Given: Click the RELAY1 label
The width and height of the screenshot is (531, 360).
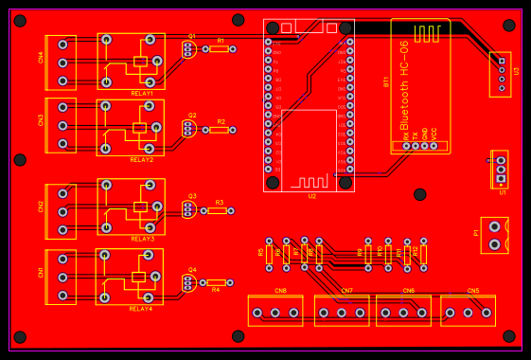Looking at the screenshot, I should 142,94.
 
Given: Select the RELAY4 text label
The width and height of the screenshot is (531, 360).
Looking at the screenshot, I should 141,309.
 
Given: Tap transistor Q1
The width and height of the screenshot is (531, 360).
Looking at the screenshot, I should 189,48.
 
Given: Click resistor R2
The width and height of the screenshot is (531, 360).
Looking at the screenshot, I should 220,130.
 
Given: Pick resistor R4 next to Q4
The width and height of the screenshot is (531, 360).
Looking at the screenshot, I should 217,282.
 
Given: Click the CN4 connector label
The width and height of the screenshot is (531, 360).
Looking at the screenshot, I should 41,57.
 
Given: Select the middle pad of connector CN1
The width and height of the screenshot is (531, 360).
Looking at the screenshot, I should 62,277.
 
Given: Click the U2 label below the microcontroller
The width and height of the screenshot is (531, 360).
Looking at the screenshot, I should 312,196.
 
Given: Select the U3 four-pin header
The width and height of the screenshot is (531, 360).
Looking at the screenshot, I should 500,74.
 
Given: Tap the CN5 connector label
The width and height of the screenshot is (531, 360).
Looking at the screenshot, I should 473,291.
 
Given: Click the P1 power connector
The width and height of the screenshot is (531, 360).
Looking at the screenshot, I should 494,235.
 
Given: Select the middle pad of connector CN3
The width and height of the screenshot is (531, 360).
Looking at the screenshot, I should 62,125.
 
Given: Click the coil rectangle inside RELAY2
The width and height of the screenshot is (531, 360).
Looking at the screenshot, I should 139,128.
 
